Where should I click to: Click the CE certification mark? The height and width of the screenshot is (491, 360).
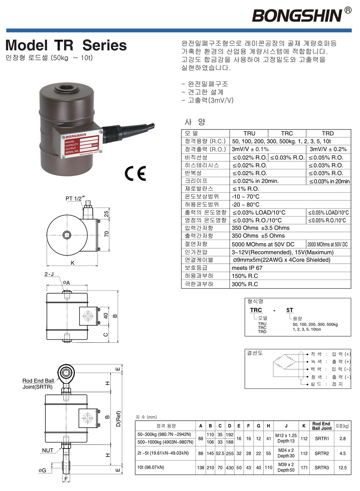coord(135,173)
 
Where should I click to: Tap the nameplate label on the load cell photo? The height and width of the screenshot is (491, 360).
coord(82,144)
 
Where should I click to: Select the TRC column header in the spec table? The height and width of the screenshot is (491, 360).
coord(287,133)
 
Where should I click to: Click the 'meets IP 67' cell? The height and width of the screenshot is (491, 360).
coord(247,268)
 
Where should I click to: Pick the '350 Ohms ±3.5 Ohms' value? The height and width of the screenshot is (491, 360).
coord(260,228)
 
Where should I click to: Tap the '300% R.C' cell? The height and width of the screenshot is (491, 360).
coord(245,284)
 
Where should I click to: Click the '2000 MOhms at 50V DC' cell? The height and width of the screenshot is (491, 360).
coord(328,244)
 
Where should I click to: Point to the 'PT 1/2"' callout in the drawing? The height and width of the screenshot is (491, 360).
coord(75,198)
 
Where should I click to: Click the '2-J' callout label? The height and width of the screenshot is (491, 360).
coord(49,274)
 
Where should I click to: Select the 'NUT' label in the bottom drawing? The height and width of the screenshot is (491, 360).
coord(48,450)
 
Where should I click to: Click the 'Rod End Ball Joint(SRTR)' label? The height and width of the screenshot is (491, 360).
coord(38,384)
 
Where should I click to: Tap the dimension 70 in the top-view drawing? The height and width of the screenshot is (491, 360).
coord(107,234)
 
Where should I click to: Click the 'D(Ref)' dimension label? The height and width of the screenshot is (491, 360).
coord(118,419)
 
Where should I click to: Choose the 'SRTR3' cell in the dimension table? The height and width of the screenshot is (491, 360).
coord(321,468)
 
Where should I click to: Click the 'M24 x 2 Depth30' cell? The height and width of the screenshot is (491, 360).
coord(286,453)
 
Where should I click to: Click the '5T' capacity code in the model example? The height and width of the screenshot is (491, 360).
coord(290,310)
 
